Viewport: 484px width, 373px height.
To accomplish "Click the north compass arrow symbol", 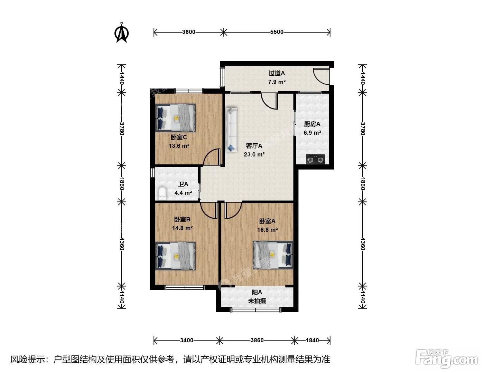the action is pos(121,33).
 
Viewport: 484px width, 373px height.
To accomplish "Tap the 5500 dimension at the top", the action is pos(277,32).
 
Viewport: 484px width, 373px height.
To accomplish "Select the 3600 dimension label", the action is pos(189,32).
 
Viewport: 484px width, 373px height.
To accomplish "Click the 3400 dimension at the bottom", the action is pos(187,340).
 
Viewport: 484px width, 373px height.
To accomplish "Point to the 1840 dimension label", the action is pos(312,340).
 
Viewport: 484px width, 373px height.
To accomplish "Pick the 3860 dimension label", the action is pos(257,340).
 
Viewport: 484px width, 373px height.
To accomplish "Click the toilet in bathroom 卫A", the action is pos(161,193).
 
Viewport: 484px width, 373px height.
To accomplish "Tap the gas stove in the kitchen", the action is pos(315,159).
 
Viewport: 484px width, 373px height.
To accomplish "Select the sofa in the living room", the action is pos(231,130).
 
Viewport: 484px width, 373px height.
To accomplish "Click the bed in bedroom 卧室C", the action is pos(176,118).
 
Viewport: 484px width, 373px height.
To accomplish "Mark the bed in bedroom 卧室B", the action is pos(176,256).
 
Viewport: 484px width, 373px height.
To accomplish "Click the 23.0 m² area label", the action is pos(254,154).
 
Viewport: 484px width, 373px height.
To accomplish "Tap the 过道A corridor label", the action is pos(277,73).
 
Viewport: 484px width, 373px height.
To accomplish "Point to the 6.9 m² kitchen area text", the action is pos(312,133).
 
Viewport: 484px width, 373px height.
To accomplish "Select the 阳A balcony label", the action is pos(257,292).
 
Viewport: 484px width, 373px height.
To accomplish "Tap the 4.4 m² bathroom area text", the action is pos(183,193).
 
